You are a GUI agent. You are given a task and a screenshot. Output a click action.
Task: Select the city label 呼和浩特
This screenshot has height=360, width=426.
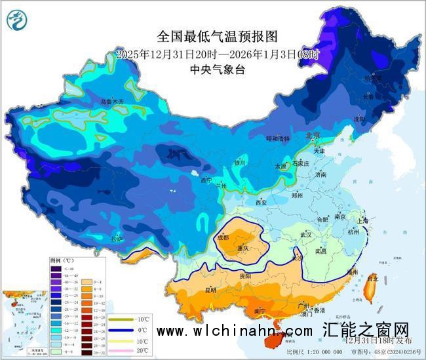tap(277, 139)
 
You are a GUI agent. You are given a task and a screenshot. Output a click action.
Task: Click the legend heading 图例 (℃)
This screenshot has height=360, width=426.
tap(62, 260)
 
